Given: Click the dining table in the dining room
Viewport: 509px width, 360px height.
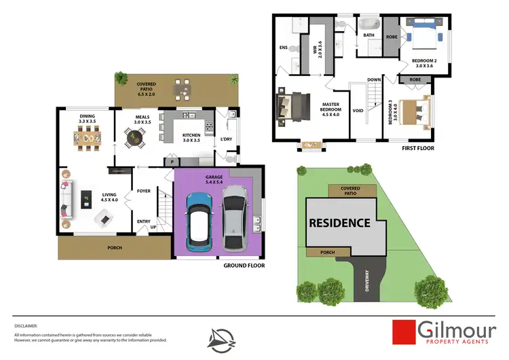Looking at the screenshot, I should coord(88,140).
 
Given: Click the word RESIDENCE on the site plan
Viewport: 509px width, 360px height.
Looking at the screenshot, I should coord(339,222).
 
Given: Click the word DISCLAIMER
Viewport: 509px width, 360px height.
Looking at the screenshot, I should coord(26,326).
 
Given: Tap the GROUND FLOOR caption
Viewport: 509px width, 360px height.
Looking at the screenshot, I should coord(243,266).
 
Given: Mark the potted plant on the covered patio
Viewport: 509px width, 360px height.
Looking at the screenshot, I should coord(121,77).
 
